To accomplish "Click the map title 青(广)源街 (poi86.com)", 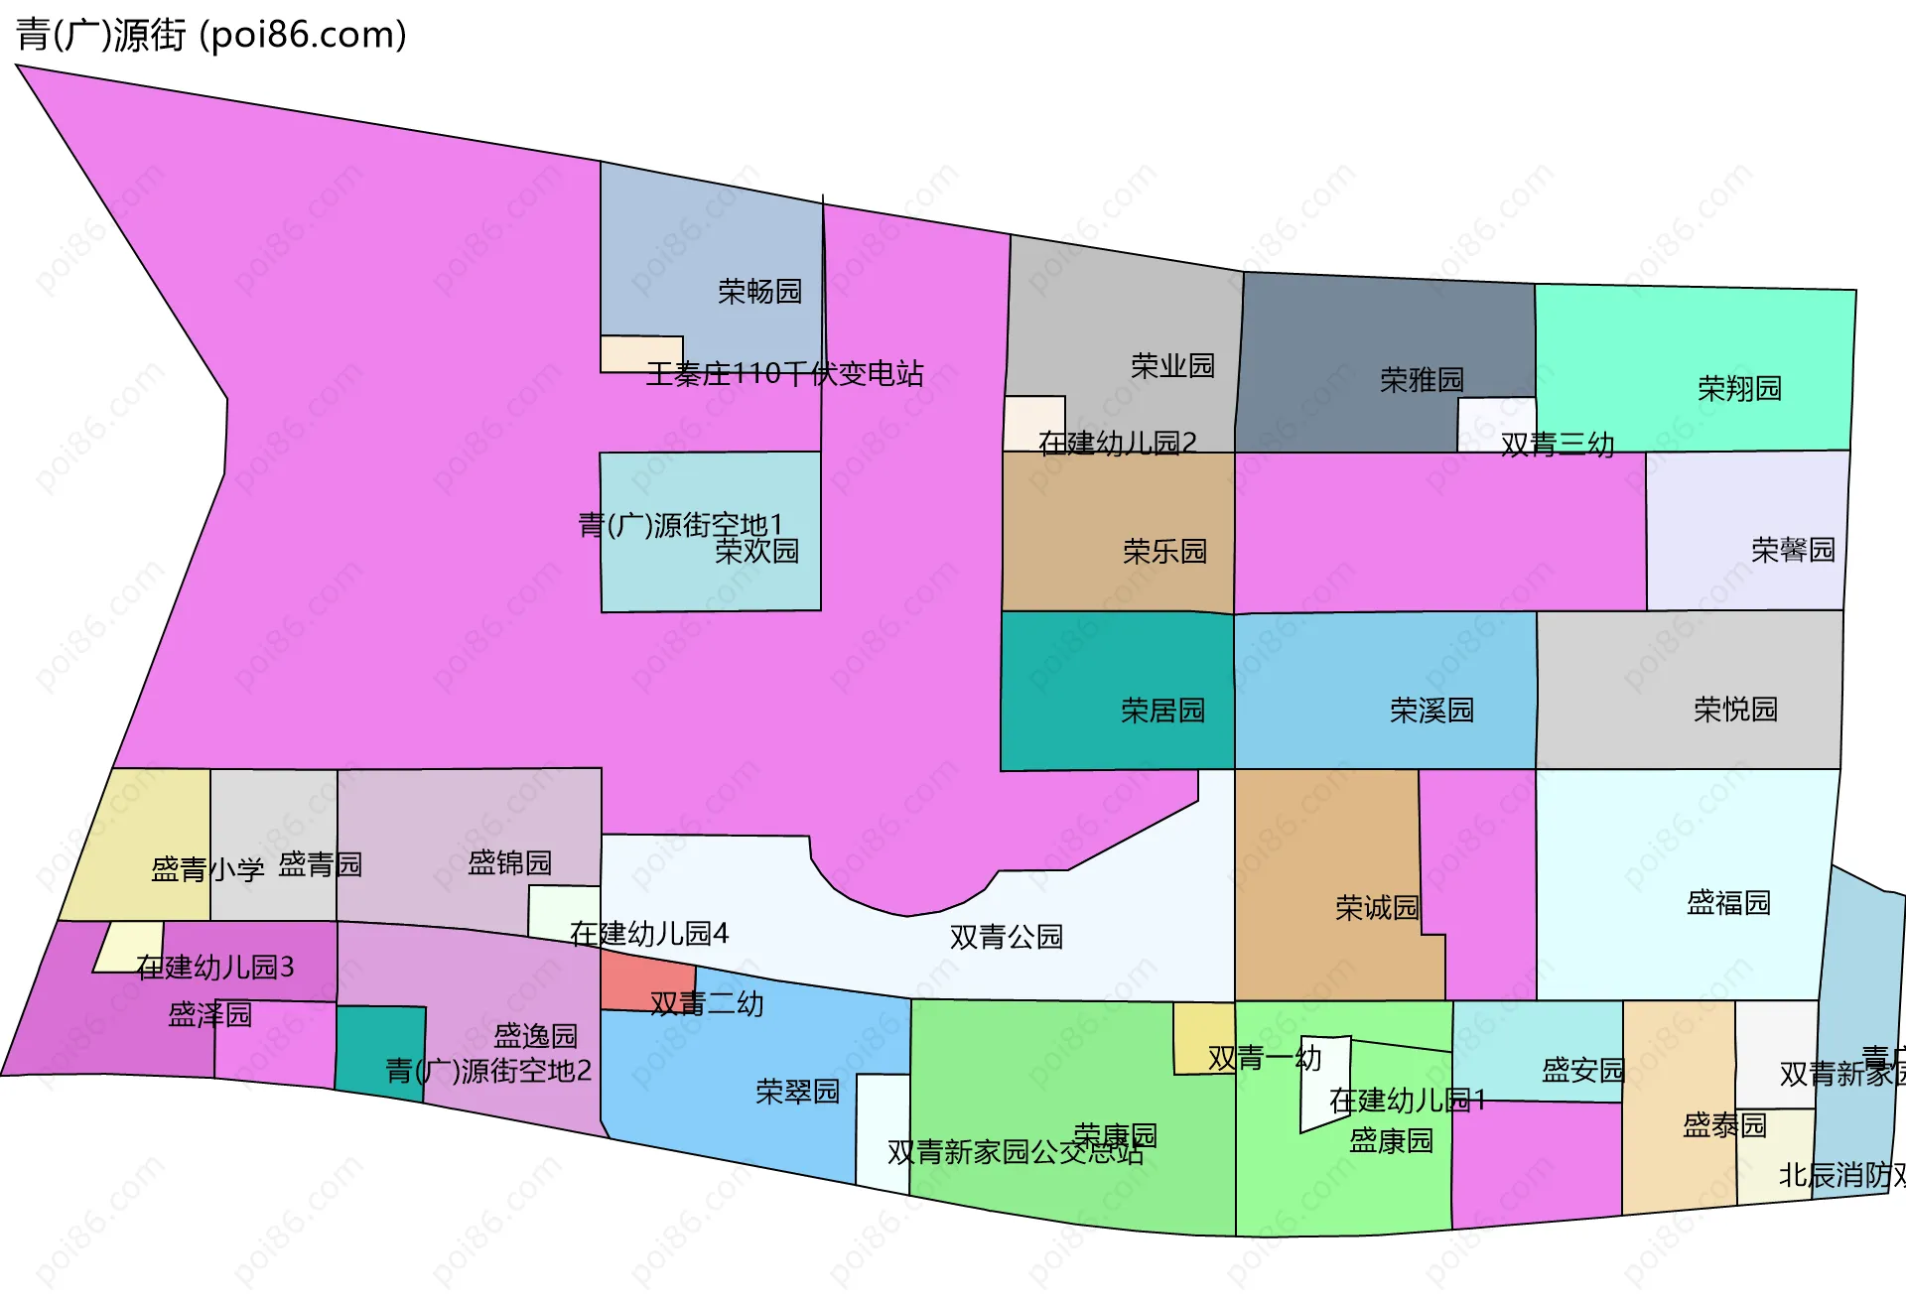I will [210, 36].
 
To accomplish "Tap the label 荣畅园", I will [759, 292].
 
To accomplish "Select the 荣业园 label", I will [1172, 366].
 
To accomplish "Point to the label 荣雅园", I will [1422, 380].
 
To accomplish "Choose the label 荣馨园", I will [1793, 550].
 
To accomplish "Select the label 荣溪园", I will [1431, 711].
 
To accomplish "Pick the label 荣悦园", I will [1735, 710].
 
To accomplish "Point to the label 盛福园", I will [1728, 903].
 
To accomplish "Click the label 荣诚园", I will [1377, 908].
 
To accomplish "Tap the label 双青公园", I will [1006, 937].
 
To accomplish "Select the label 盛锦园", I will [509, 863].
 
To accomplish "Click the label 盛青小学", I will [207, 870].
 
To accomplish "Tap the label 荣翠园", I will [797, 1092].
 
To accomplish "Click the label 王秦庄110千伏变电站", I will [784, 374].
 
